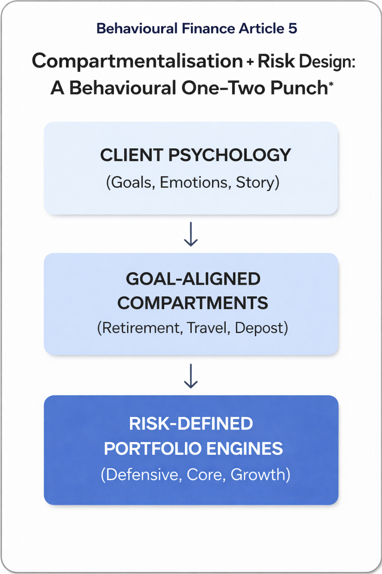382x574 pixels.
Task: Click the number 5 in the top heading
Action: (x=292, y=29)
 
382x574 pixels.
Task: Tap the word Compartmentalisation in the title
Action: (x=137, y=61)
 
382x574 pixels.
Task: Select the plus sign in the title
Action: (x=250, y=62)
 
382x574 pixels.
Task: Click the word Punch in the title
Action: (x=299, y=88)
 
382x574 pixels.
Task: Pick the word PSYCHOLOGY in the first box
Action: (x=229, y=155)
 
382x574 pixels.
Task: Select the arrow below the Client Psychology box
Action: (x=191, y=234)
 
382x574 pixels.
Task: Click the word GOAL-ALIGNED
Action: (x=193, y=279)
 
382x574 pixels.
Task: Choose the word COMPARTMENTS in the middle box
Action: (x=192, y=303)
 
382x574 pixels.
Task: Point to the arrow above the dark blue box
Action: (x=191, y=376)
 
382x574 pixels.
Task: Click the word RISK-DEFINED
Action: (x=191, y=423)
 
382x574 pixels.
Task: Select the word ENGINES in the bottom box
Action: (x=245, y=449)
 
